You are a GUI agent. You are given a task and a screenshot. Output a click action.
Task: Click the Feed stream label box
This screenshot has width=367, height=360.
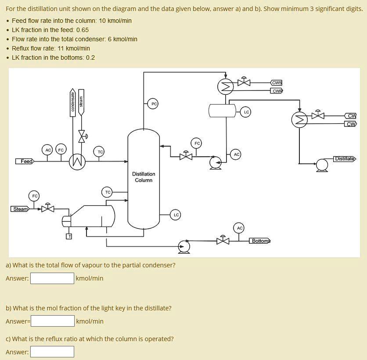25,161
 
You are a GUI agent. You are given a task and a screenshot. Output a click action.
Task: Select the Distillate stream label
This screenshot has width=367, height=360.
345,158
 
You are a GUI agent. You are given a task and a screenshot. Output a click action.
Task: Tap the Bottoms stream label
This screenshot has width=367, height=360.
260,241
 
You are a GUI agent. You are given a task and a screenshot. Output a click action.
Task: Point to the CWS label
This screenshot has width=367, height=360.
277,83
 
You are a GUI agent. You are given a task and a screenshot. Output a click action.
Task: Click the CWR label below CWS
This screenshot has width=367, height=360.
277,91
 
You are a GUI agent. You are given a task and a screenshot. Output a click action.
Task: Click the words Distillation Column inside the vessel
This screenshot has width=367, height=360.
144,177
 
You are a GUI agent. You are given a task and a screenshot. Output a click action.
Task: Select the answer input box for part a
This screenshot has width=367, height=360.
52,278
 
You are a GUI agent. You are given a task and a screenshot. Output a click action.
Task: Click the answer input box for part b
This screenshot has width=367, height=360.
53,321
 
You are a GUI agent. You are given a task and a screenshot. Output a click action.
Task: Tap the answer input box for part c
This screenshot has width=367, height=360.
52,352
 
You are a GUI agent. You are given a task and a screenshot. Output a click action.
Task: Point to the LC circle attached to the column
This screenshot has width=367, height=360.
176,215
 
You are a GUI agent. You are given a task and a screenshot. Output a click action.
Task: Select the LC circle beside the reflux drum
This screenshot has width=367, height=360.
246,112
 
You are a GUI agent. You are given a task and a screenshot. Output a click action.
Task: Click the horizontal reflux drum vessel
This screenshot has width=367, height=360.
223,111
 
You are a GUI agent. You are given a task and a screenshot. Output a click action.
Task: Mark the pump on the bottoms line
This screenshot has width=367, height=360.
184,247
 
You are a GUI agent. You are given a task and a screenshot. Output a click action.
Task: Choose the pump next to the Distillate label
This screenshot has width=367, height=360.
322,165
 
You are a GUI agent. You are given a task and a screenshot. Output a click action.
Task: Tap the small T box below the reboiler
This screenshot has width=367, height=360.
68,237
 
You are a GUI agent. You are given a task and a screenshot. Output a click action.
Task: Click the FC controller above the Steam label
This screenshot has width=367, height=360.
34,195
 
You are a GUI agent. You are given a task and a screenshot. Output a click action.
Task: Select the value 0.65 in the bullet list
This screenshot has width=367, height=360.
83,30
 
